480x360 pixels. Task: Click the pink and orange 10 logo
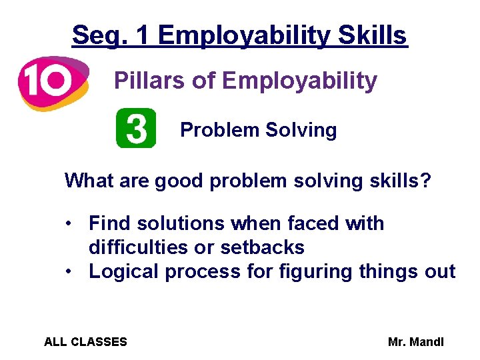click(53, 83)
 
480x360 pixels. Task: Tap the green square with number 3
click(136, 128)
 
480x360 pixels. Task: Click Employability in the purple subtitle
click(299, 81)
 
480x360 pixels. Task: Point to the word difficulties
click(139, 247)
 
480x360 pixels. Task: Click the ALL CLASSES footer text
click(85, 342)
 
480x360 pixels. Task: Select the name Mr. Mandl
click(415, 342)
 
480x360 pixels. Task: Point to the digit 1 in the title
click(141, 35)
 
